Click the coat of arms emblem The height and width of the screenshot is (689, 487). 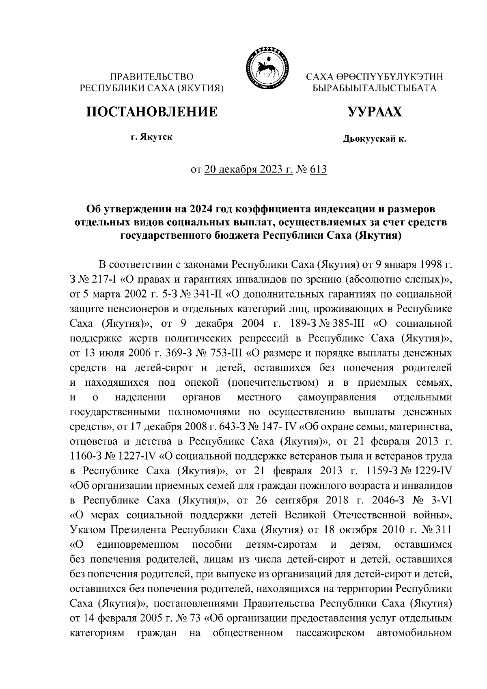[x=265, y=68]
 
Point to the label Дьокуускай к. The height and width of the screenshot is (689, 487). [x=374, y=139]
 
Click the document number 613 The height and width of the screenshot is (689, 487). [x=318, y=170]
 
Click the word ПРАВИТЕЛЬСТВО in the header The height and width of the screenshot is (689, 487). [x=153, y=76]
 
